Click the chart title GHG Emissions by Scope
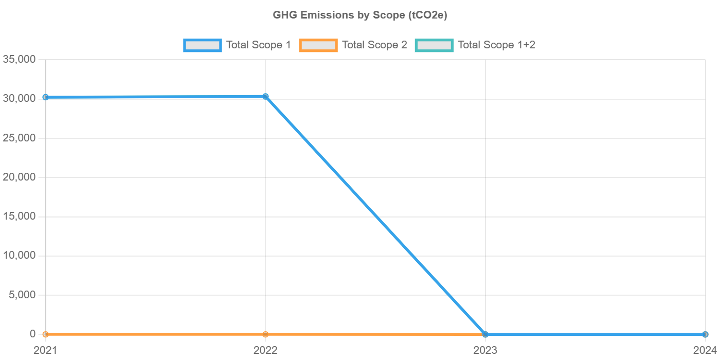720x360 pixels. (360, 15)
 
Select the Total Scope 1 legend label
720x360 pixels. (259, 45)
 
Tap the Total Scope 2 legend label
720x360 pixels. (374, 45)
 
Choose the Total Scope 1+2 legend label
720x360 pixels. (497, 45)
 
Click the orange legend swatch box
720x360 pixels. (318, 45)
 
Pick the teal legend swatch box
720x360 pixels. (435, 45)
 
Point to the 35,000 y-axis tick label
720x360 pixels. (19, 59)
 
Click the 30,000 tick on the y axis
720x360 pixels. (19, 98)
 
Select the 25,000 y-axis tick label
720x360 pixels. (19, 138)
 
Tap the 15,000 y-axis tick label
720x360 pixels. (19, 216)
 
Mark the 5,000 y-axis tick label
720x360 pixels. (22, 295)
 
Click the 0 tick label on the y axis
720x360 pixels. (32, 334)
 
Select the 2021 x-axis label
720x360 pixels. (46, 350)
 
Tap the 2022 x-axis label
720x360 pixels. (265, 350)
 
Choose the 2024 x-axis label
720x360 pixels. (705, 350)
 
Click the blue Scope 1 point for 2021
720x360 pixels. (46, 97)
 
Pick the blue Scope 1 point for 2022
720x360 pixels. (265, 96)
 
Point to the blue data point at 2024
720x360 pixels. (705, 334)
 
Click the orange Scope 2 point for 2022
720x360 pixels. (265, 334)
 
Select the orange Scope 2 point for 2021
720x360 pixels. (46, 334)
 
